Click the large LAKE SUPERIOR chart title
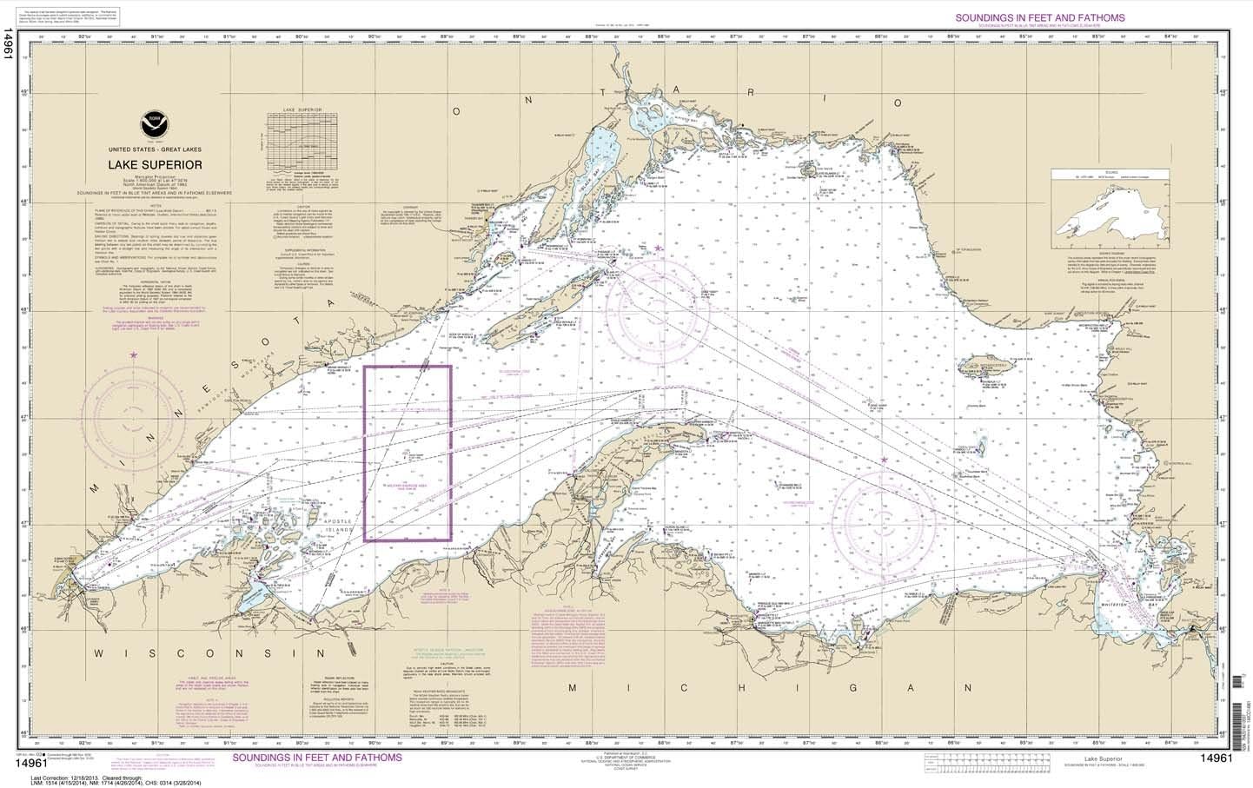156,164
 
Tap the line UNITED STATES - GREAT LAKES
156,149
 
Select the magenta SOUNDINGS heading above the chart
1039,17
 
